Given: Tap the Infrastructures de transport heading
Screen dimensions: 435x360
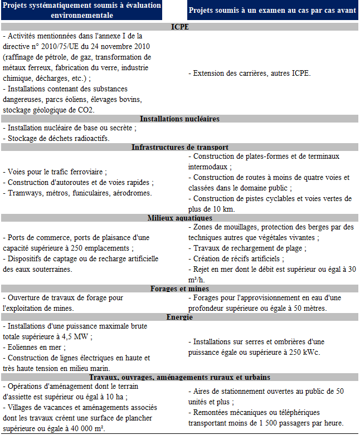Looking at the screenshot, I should click(179, 147).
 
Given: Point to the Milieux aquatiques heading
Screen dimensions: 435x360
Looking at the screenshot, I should click(179, 218).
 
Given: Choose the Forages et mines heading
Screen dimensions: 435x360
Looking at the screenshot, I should click(179, 289).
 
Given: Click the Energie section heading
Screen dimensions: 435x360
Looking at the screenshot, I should click(179, 317).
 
